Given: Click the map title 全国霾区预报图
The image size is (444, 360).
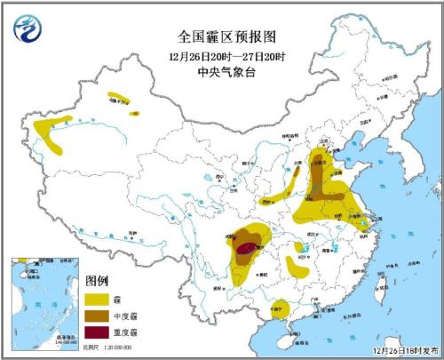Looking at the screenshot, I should tap(221, 36).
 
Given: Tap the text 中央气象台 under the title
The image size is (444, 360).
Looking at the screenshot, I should tap(221, 71).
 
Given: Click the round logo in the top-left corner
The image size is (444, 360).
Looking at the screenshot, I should tap(28, 31).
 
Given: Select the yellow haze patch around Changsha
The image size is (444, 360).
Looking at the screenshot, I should tap(297, 264).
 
